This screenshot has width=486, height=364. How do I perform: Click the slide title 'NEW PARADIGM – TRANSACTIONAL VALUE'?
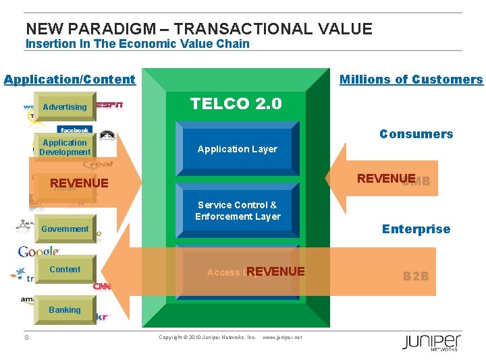tap(198, 28)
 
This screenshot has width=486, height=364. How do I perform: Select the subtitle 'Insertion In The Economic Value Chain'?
tap(137, 44)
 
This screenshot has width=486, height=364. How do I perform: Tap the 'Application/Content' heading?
tap(70, 80)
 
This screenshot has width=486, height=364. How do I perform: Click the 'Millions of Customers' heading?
tap(411, 80)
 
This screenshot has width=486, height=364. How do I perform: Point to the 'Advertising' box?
tap(65, 107)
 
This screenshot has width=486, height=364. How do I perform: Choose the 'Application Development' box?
tap(65, 147)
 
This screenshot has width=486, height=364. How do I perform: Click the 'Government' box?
tap(65, 229)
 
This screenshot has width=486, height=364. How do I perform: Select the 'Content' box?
tap(65, 270)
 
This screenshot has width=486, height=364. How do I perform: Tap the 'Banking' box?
tap(65, 310)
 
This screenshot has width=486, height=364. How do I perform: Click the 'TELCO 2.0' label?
tap(236, 104)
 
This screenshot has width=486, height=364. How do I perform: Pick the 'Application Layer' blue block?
tap(237, 149)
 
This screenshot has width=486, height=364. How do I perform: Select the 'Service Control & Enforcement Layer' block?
tap(237, 210)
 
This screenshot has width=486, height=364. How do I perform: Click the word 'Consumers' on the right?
tap(416, 134)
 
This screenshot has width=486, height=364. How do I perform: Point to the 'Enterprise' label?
tap(416, 229)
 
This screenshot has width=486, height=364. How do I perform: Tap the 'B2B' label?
tap(416, 276)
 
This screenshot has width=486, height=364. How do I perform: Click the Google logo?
tap(38, 251)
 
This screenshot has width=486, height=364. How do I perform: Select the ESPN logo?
tap(109, 105)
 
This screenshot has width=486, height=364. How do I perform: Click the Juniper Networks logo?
tap(431, 342)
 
